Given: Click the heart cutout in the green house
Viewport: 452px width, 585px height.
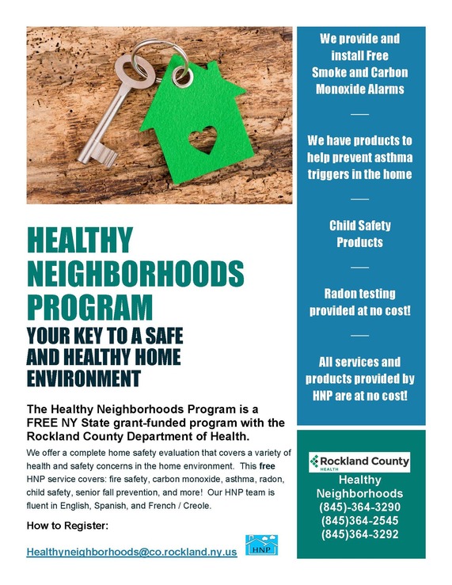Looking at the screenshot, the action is tap(202, 139).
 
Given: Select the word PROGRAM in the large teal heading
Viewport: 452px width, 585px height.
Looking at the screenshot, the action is tap(89, 306).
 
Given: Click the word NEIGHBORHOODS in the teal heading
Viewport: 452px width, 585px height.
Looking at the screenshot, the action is tap(135, 273).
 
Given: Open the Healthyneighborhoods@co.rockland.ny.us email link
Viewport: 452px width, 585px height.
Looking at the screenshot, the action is tap(131, 551).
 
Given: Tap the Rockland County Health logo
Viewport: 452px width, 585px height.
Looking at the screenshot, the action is tap(359, 461).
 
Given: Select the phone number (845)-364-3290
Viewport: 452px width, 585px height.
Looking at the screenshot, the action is tap(359, 507).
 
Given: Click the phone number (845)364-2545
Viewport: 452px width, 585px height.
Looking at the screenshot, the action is tap(359, 520).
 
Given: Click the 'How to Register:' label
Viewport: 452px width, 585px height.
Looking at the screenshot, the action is tap(67, 526).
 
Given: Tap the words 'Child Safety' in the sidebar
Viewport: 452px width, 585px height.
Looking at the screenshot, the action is tap(359, 226).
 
